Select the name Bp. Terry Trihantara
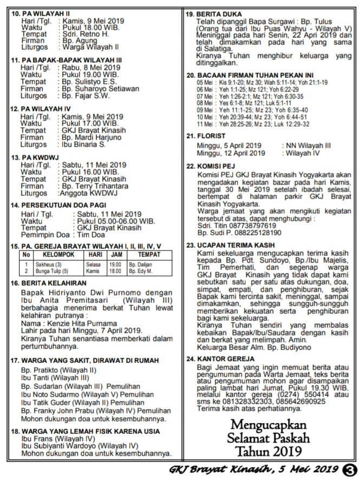tap(94, 186)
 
